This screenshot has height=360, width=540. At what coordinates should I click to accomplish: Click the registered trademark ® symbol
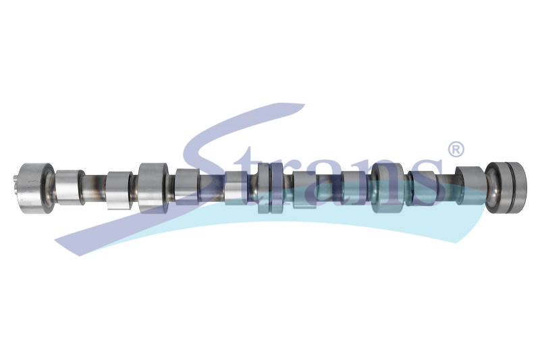coord(455,149)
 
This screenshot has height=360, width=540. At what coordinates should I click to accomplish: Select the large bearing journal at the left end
coord(36,188)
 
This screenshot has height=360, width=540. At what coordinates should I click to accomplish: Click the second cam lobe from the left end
coord(119,190)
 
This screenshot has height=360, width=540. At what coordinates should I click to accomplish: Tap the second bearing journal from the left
coord(153,188)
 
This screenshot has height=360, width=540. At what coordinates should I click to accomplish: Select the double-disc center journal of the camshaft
coord(271,188)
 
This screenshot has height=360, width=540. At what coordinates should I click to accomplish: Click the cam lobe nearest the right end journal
coord(470,186)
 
